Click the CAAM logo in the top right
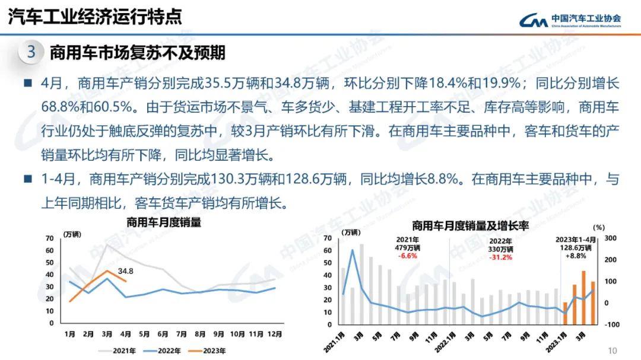pos(570,21)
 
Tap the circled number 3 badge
pos(31,52)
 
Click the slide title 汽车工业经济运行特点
pos(94,17)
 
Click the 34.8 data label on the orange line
pos(125,272)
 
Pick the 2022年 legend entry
pos(163,351)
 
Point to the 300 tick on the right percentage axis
pos(611,238)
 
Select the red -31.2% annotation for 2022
pos(501,257)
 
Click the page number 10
pos(613,350)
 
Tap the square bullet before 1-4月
pos(27,178)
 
